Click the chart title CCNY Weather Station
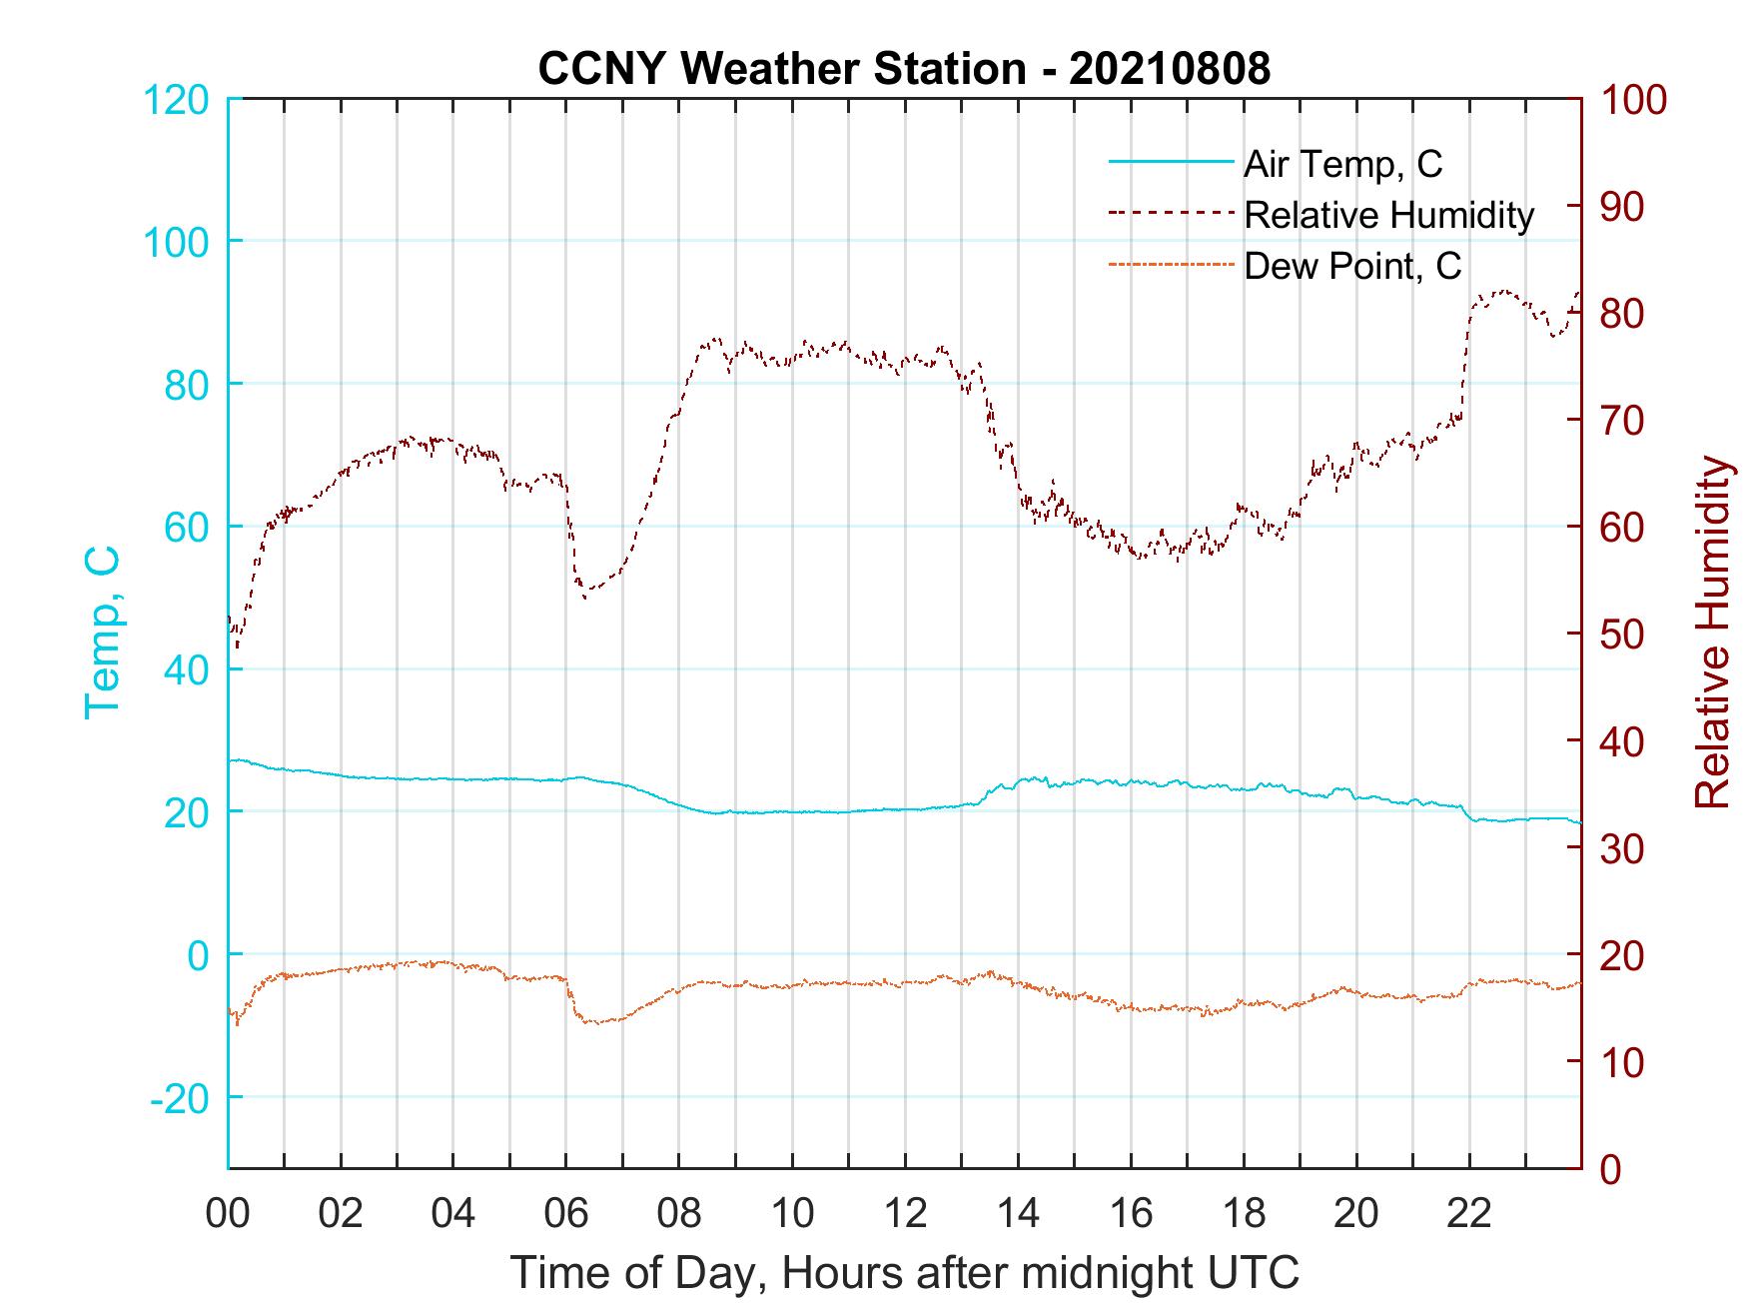point(904,69)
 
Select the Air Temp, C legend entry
point(1341,164)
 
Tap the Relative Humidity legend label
point(1387,215)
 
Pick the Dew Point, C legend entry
point(1351,266)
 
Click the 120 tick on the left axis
point(176,100)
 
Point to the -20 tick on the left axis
point(180,1098)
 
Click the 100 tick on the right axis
point(1633,100)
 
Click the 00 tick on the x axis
point(228,1213)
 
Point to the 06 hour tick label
point(566,1213)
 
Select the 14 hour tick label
point(1018,1213)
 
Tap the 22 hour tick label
point(1469,1213)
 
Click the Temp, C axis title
point(102,633)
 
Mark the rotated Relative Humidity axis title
point(1712,633)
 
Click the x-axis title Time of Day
point(904,1273)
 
